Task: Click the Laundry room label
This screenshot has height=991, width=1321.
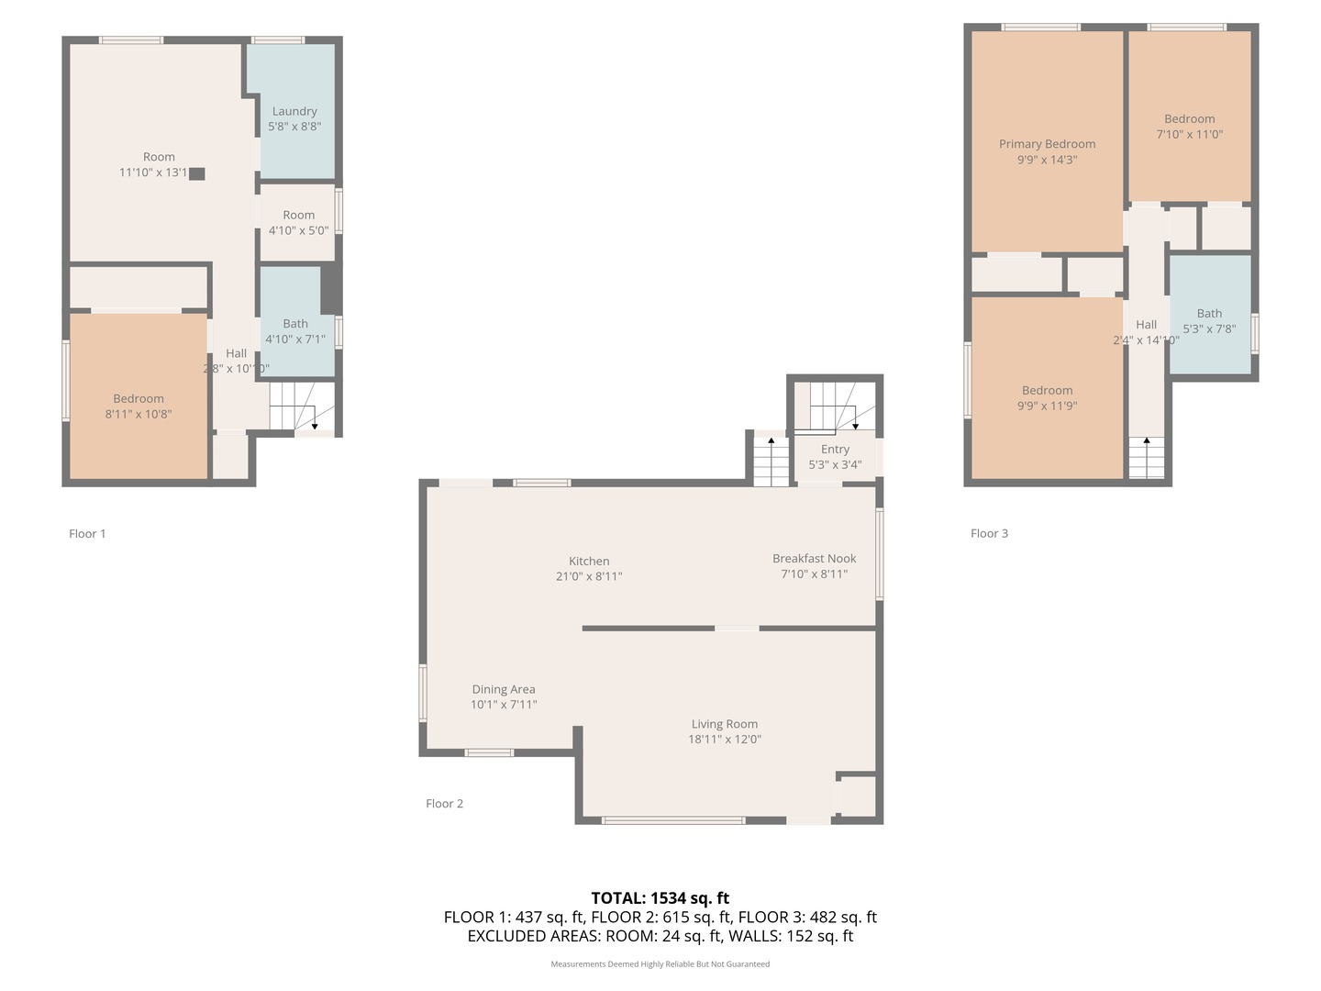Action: [294, 111]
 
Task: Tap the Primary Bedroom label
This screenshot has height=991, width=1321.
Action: [1047, 144]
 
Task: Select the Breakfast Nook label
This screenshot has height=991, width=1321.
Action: [814, 558]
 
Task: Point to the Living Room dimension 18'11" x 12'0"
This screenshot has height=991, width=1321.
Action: [725, 740]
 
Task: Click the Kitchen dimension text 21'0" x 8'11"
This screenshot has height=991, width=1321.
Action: [589, 576]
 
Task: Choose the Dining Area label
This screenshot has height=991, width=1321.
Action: [504, 689]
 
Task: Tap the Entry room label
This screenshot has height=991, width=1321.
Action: [835, 449]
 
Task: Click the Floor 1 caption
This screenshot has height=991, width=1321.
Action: [87, 534]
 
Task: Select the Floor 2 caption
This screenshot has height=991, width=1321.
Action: [445, 804]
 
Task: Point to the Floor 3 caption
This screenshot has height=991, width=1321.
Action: [989, 533]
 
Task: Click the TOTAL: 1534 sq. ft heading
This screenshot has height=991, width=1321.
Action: [660, 898]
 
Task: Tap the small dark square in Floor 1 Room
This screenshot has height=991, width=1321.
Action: [197, 173]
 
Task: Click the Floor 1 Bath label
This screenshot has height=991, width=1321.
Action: [295, 323]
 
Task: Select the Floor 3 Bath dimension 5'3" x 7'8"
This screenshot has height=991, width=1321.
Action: [1209, 328]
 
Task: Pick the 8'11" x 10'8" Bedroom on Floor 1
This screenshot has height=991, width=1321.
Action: [139, 399]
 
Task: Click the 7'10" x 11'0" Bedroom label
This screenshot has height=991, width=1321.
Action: [1189, 119]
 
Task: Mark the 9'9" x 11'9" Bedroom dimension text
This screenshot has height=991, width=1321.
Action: [1047, 406]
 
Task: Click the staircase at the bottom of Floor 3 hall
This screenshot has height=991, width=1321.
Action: [1146, 458]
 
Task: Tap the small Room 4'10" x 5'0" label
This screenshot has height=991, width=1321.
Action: [298, 215]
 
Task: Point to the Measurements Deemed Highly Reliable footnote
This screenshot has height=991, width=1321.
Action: [660, 964]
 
